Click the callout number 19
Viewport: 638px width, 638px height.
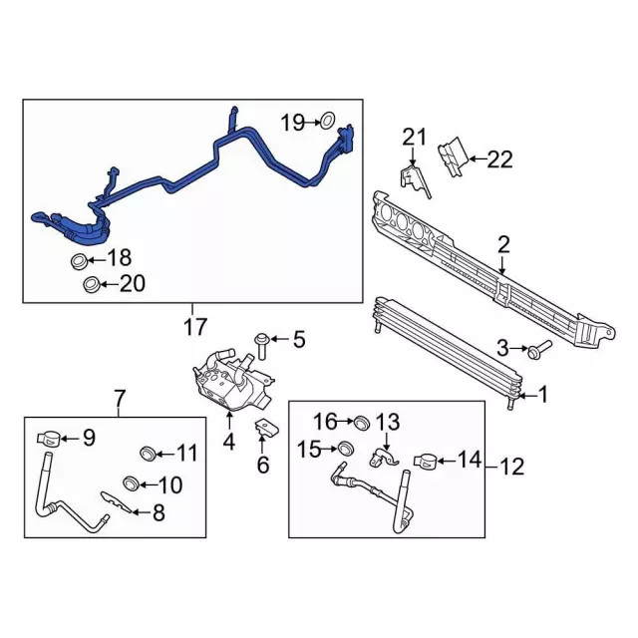290,123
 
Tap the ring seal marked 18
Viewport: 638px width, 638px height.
78,262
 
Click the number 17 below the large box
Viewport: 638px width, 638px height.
195,325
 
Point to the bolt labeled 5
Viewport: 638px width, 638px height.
261,344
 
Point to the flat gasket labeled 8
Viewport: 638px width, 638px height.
118,503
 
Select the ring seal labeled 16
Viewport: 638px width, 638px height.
362,423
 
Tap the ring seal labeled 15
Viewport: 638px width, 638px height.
345,450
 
